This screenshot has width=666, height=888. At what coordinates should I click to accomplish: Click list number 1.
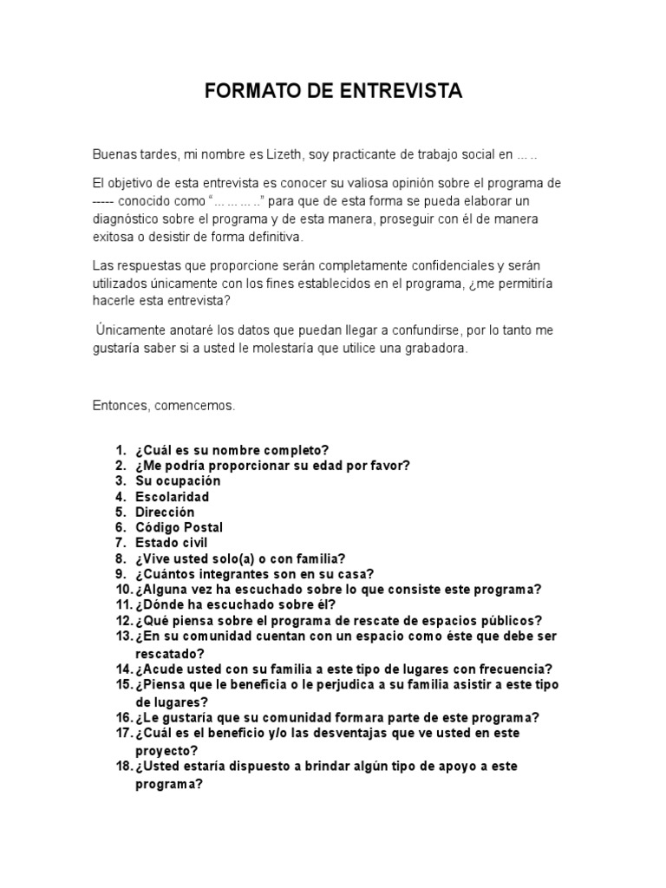click(121, 449)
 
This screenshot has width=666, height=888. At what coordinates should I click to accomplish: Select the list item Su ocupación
click(178, 480)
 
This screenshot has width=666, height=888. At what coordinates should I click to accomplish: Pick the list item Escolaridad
click(172, 496)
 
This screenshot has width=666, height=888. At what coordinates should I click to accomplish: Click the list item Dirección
click(165, 512)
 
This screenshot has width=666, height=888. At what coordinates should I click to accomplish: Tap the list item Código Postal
click(179, 527)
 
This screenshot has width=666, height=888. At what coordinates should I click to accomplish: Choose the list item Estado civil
click(171, 543)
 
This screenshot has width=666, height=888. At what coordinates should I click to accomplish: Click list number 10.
click(122, 590)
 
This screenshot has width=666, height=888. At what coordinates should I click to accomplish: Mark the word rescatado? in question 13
click(170, 652)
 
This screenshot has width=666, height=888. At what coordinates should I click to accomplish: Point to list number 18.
click(122, 767)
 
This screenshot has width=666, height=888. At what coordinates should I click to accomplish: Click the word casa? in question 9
click(356, 574)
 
